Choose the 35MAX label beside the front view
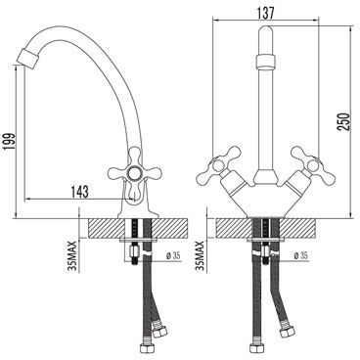tap(200, 256)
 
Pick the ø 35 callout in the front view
tap(302, 257)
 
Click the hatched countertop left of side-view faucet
tap(103, 226)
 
